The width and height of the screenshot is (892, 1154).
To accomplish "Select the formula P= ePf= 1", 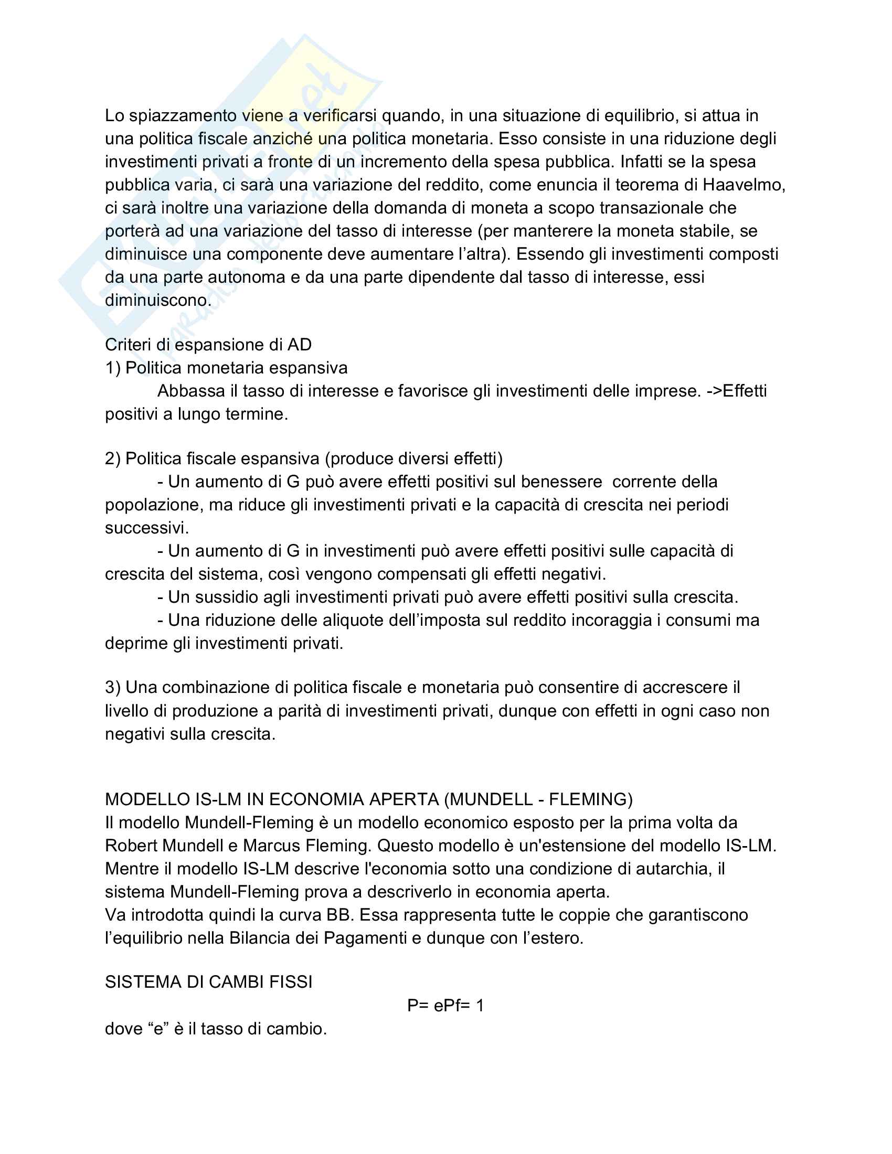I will pyautogui.click(x=445, y=1006).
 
